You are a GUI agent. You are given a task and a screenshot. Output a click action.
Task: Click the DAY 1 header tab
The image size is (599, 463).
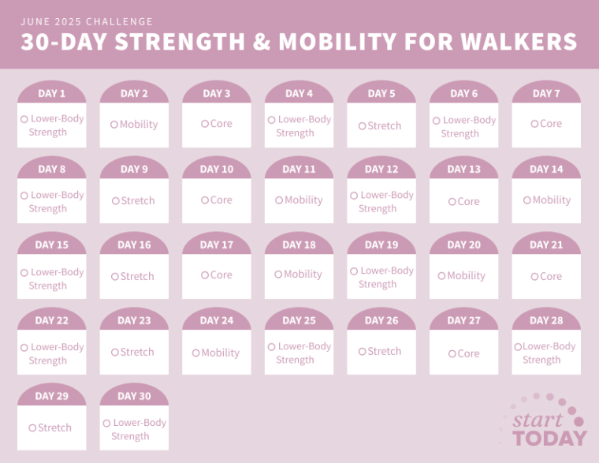[x=51, y=94]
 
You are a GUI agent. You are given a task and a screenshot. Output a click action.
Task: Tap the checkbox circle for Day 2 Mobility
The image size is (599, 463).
[x=114, y=125]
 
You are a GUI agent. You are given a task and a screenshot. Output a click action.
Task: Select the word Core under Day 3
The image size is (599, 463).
[x=221, y=124]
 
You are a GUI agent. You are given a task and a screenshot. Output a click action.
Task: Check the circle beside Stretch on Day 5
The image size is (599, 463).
[x=362, y=126]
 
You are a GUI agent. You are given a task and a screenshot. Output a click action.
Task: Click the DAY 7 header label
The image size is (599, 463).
[x=546, y=94]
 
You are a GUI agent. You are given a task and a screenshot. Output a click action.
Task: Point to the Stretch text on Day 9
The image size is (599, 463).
[x=138, y=201]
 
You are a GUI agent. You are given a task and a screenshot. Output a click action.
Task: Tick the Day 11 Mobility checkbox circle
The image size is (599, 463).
[x=279, y=200]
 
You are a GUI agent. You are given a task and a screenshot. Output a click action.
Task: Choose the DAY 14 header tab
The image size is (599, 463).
[x=546, y=170]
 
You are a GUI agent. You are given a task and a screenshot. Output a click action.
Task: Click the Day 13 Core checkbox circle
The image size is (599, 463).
[x=452, y=202]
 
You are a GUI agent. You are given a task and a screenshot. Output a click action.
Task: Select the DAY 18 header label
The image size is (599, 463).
[x=299, y=245]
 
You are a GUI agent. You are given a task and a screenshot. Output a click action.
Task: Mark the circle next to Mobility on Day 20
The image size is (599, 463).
[x=441, y=276]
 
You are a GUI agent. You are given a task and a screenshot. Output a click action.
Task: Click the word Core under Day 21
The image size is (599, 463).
[x=551, y=277]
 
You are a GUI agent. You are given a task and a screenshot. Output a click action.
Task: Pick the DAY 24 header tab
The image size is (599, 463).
[x=217, y=321]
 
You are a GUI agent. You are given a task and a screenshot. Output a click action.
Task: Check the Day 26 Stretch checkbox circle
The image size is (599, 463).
[x=362, y=352]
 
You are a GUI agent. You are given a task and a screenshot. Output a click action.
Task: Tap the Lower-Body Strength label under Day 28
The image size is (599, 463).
[x=548, y=353]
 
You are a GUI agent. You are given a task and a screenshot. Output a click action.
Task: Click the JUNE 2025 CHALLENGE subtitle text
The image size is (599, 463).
[x=87, y=21]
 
